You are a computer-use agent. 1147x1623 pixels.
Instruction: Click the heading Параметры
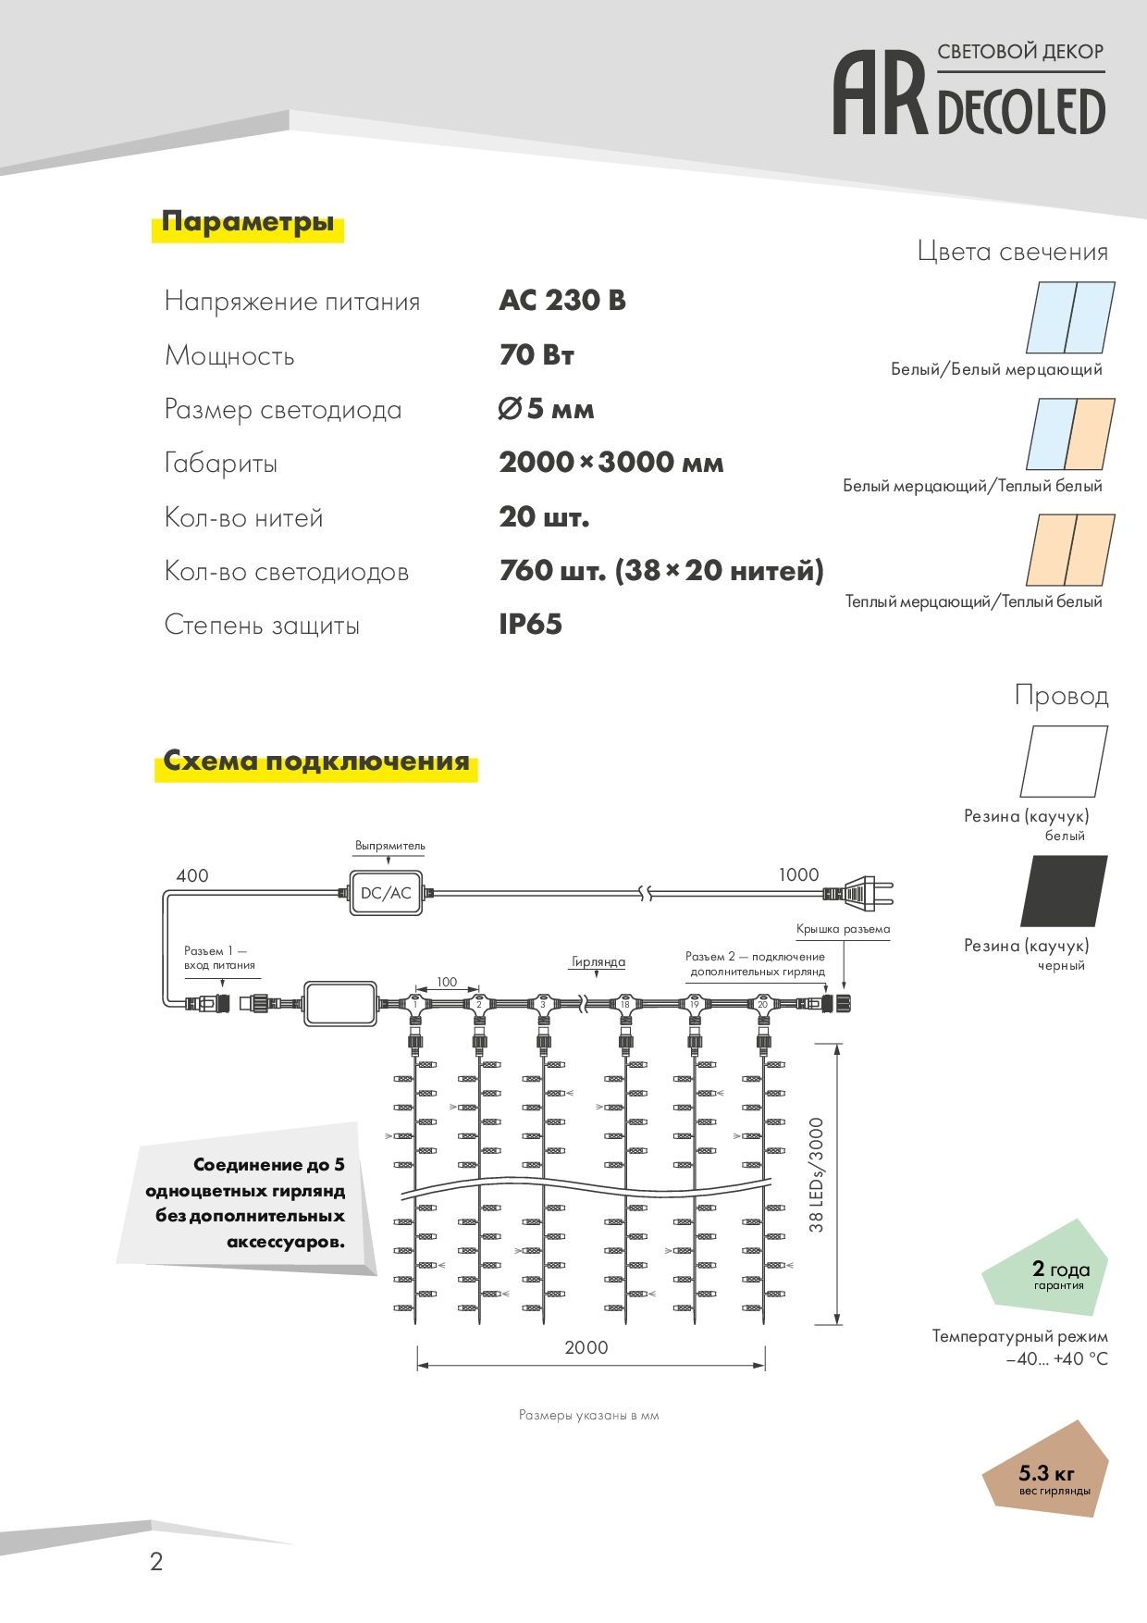[x=248, y=222]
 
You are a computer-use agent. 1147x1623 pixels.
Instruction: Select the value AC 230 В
[x=562, y=301]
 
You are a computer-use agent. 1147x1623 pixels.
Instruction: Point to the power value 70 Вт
[x=536, y=354]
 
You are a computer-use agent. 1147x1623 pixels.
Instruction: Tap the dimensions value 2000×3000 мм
[x=610, y=463]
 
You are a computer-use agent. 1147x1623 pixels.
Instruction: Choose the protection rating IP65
[x=530, y=625]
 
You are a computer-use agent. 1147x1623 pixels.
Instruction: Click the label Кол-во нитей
[x=244, y=517]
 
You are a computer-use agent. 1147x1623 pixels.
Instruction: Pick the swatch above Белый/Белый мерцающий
[x=1070, y=317]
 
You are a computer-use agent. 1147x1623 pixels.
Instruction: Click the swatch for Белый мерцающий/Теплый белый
[x=1070, y=434]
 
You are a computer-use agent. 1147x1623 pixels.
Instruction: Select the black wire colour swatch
[x=1064, y=890]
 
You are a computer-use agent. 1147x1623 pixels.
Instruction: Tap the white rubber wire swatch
[x=1064, y=761]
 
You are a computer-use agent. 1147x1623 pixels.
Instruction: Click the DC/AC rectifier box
[x=386, y=893]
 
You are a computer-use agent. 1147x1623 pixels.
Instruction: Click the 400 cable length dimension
[x=192, y=875]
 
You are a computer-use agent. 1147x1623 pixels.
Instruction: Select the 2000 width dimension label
[x=586, y=1347]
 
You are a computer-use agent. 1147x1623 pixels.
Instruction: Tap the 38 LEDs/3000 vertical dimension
[x=816, y=1175]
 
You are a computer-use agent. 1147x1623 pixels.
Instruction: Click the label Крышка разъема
[x=843, y=929]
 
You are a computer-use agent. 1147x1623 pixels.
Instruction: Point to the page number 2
[x=156, y=1562]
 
